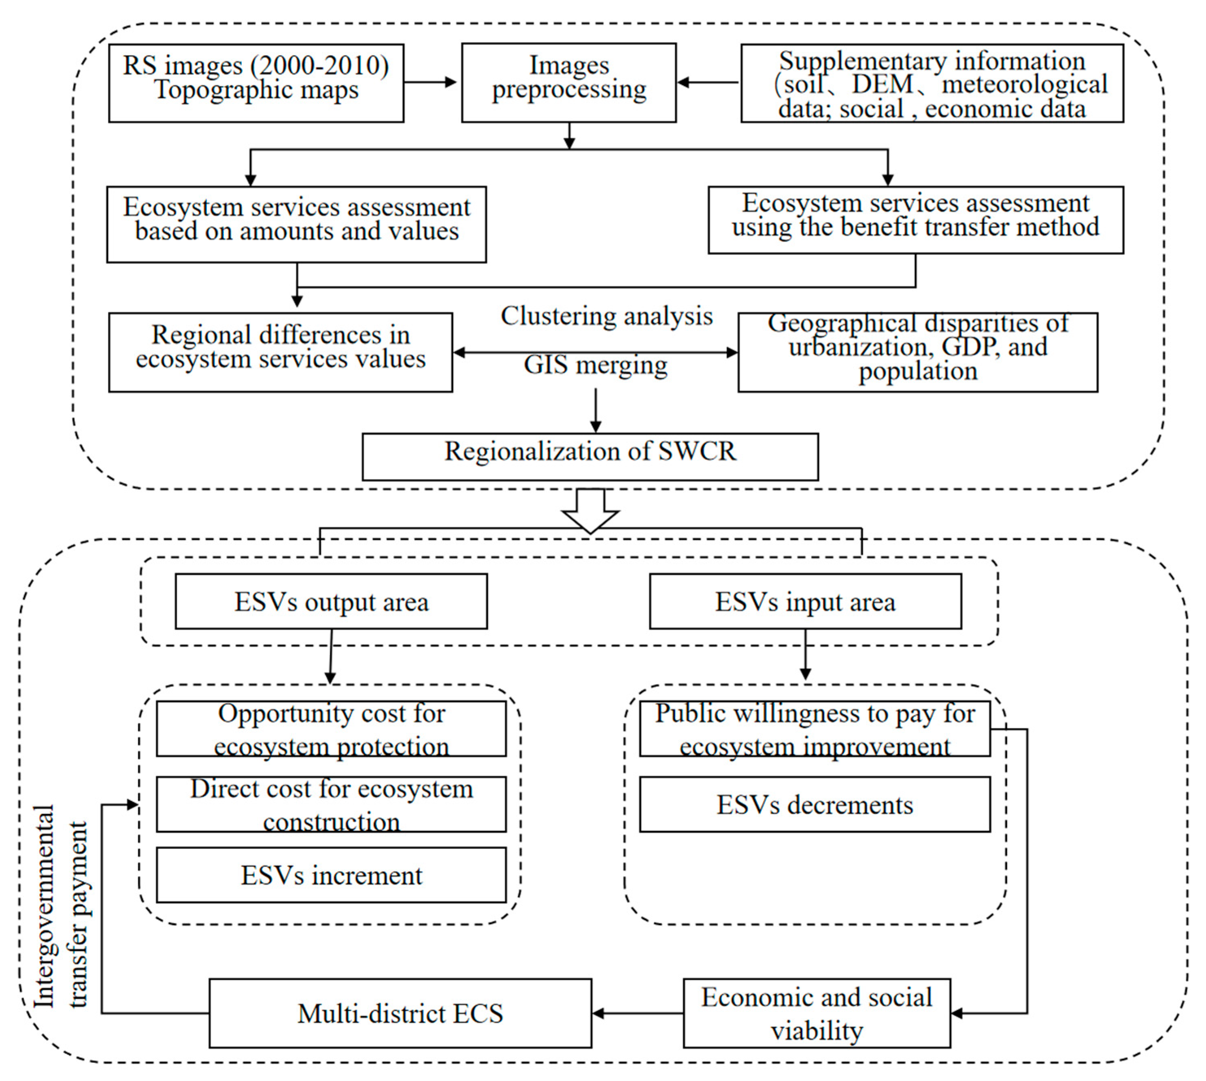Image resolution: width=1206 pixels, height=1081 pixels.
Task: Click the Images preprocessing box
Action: click(x=568, y=83)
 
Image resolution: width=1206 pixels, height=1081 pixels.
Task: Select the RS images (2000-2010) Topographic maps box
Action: click(x=256, y=83)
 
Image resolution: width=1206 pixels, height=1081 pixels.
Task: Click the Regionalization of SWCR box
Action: click(x=590, y=456)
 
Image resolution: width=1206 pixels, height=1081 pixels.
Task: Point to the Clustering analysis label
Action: click(x=606, y=316)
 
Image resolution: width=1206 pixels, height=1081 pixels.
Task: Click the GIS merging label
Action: click(x=595, y=365)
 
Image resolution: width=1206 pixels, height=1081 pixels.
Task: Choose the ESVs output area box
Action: click(x=331, y=601)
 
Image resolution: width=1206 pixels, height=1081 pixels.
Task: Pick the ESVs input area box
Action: click(x=805, y=601)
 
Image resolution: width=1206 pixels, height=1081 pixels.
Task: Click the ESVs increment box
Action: click(x=331, y=875)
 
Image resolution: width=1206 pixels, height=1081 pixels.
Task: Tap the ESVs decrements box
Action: click(x=814, y=804)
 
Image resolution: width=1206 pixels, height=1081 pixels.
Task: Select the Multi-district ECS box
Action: click(x=400, y=1013)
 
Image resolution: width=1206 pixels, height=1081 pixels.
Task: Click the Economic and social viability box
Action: click(x=816, y=1013)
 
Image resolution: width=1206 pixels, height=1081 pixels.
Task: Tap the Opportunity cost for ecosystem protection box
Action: click(x=331, y=729)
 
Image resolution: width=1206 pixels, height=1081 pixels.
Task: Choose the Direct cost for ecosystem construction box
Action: click(x=331, y=804)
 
